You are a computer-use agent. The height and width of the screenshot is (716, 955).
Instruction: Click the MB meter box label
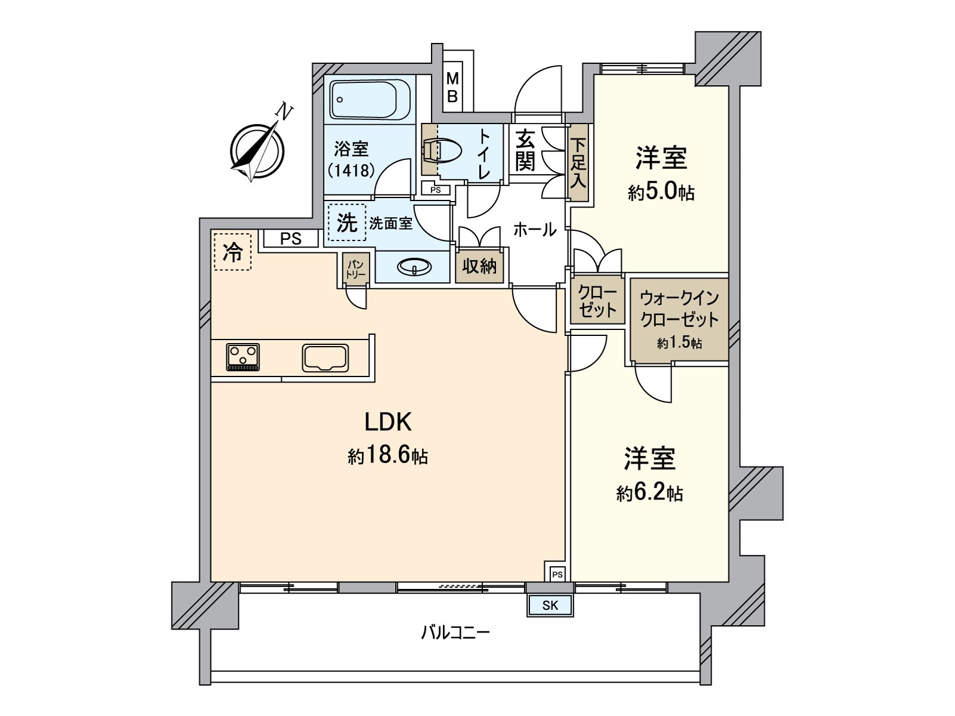pos(452,88)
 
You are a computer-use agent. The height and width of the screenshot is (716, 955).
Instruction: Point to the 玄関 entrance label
pos(525,150)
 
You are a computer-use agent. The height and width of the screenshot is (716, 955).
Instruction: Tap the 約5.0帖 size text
pos(661,192)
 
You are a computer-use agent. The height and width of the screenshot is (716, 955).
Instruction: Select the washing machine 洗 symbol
pos(347,223)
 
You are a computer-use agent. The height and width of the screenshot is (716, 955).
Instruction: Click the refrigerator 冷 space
pos(233,252)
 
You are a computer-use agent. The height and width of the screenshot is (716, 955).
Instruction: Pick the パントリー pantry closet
pos(356,267)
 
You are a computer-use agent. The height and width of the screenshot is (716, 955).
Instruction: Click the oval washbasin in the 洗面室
pos(414,267)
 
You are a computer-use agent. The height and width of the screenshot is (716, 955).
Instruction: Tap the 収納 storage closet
pos(479,266)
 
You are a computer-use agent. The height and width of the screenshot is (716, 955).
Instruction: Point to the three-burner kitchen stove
pos(243,356)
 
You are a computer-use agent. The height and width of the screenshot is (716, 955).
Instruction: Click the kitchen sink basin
pos(325,357)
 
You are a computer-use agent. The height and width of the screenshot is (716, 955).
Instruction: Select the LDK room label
pos(388,422)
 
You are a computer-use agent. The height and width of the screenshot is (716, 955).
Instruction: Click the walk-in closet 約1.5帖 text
pos(679,343)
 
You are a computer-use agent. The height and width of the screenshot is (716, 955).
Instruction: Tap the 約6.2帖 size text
pos(649,493)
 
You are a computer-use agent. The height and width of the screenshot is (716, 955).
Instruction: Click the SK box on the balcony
pos(550,606)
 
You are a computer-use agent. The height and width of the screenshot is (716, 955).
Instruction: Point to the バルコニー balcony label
pos(455,632)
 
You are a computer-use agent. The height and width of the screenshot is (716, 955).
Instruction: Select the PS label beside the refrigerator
pos(291,239)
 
